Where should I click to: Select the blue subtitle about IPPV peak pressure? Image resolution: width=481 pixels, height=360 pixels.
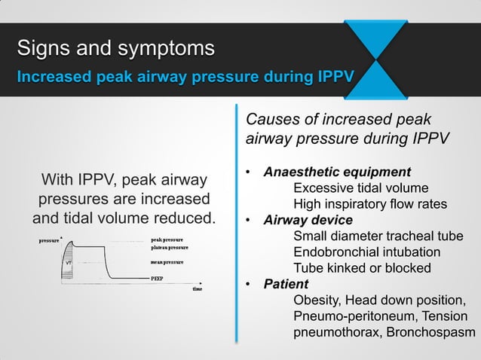pos(185,78)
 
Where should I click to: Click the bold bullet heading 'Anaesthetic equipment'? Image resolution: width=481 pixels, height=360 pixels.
pos(336,171)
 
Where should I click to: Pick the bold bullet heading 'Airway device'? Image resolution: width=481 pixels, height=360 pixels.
pos(308,220)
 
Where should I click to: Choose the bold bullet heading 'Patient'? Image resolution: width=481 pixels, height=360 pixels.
pos(286,284)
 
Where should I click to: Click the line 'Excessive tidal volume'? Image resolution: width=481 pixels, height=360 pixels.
pos(361,188)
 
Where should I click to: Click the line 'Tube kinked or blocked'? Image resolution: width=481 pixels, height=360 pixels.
pos(362,268)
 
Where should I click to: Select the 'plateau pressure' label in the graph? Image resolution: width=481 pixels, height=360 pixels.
pos(170,248)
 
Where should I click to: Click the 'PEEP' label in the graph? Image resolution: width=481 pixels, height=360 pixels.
pos(158,278)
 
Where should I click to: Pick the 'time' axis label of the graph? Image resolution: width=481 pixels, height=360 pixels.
pos(197,288)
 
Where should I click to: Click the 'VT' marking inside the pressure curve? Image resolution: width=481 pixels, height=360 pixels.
pos(68,263)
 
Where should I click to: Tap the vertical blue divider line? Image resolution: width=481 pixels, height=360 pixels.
pos(237,226)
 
